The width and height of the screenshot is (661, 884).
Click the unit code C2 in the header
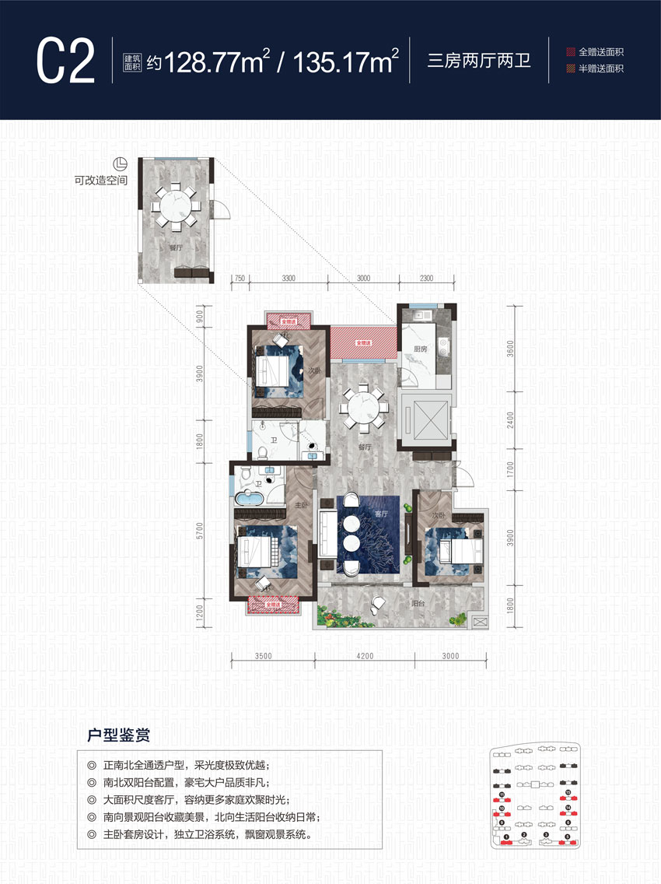click(66, 60)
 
